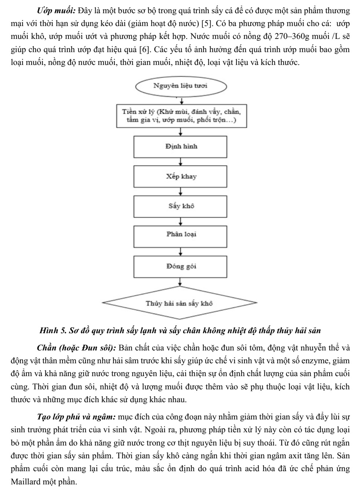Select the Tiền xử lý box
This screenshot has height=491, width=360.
182,116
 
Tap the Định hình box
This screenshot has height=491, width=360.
180,147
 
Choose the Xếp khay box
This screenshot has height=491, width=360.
180,177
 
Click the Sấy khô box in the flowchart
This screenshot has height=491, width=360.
180,207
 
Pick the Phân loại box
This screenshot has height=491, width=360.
180,237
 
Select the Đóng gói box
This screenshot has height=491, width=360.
180,267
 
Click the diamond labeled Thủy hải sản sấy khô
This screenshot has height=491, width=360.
179,303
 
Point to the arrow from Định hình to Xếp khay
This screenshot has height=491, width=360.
181,162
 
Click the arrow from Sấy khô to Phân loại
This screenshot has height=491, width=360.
181,222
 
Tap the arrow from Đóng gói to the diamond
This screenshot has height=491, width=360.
180,282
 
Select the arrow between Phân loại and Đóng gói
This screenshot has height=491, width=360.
181,252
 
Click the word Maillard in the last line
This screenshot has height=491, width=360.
25,481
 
